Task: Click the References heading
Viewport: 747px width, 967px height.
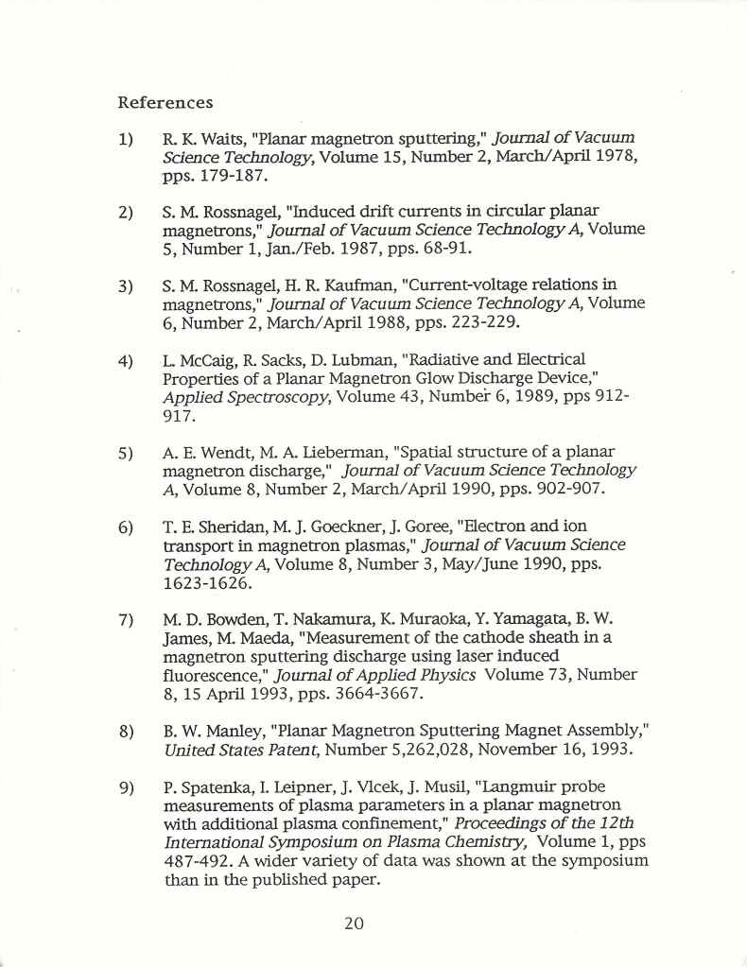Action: (x=165, y=102)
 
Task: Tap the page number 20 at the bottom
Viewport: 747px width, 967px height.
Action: (x=355, y=924)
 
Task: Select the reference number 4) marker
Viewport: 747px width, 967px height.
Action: (x=125, y=361)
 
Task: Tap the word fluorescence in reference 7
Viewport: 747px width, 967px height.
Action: (x=216, y=675)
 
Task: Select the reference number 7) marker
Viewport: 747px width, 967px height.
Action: (x=125, y=621)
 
